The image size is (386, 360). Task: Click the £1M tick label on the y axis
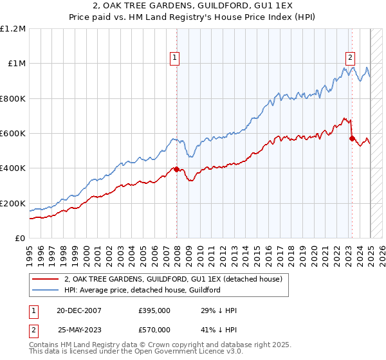(x=16, y=64)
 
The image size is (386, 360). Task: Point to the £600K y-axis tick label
(x=13, y=134)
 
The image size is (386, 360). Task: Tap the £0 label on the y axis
(x=20, y=239)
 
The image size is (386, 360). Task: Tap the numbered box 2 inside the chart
(x=350, y=57)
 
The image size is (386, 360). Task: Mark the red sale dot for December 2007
(x=176, y=169)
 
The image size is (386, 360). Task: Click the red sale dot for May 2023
(x=352, y=138)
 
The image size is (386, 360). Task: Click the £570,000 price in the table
(x=154, y=330)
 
